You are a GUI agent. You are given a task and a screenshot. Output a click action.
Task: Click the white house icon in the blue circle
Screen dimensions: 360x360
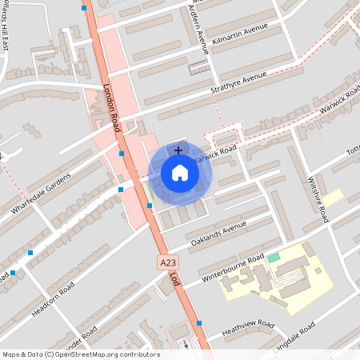pyautogui.click(x=180, y=173)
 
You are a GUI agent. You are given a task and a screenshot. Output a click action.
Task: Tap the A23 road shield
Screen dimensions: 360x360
pyautogui.click(x=167, y=262)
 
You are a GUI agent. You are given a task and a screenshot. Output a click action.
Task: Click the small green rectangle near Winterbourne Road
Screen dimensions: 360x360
pyautogui.click(x=274, y=257)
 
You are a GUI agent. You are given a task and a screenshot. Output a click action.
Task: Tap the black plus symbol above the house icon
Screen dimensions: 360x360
pyautogui.click(x=178, y=149)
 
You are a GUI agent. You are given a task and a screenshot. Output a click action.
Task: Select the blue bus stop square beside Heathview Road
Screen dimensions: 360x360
pyautogui.click(x=199, y=323)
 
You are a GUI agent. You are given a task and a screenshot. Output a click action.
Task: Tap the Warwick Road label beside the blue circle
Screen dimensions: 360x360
pyautogui.click(x=217, y=150)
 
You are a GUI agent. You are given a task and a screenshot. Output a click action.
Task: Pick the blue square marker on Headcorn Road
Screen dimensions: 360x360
pyautogui.click(x=30, y=253)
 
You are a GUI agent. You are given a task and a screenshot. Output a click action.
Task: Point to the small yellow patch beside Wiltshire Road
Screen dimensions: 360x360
pyautogui.click(x=332, y=198)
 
